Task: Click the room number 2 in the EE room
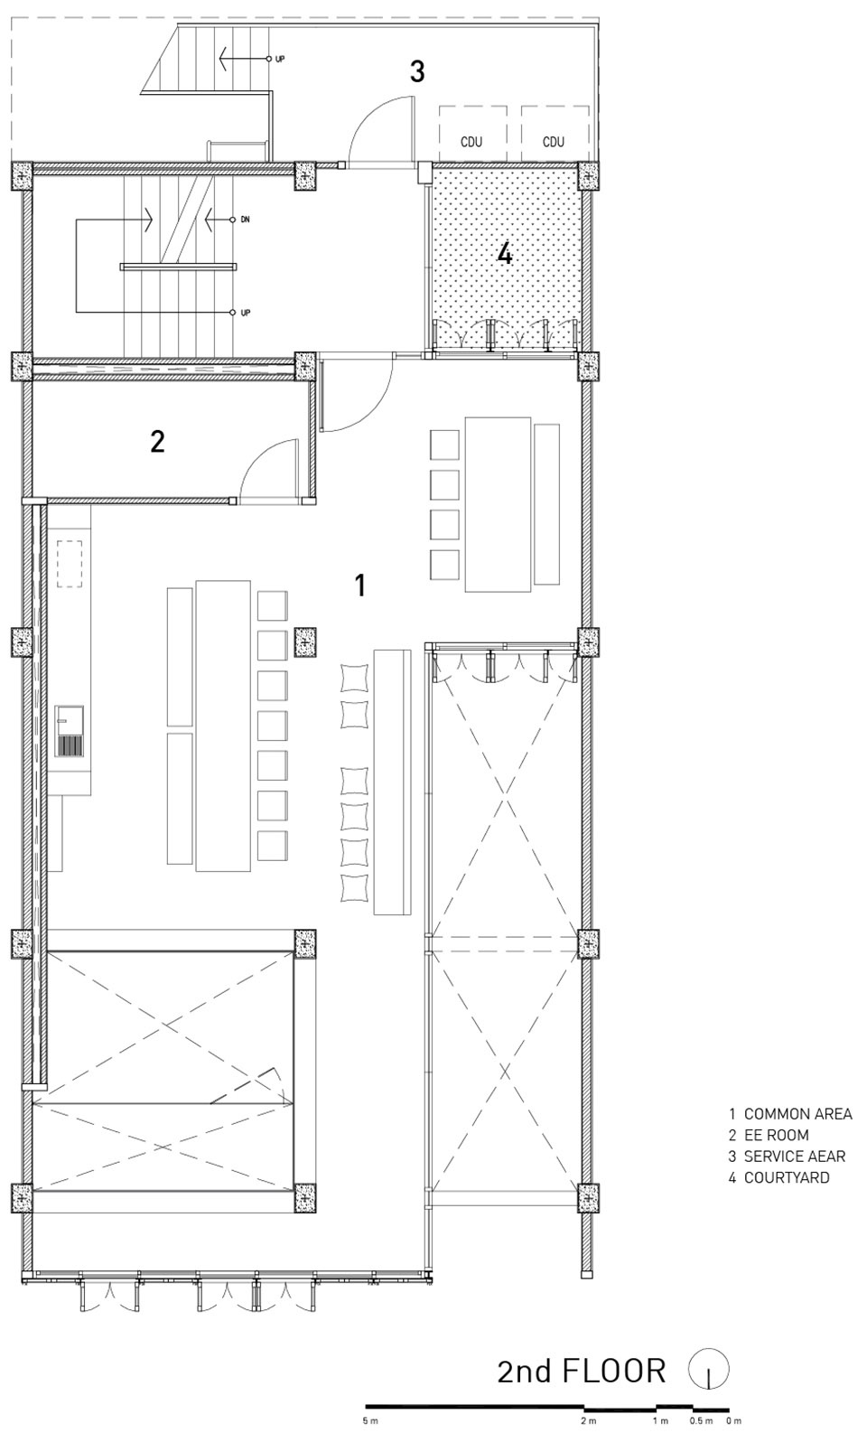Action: [157, 442]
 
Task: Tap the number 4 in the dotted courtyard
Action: [505, 255]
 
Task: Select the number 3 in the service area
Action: [417, 71]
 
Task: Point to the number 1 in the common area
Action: [360, 585]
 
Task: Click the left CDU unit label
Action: [471, 142]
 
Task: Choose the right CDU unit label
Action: [553, 142]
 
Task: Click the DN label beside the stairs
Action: [245, 220]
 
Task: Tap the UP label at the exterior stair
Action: [279, 59]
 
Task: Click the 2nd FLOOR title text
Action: [582, 1371]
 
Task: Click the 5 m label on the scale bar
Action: [370, 1421]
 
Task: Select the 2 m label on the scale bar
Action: [589, 1421]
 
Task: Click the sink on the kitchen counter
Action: [69, 731]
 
